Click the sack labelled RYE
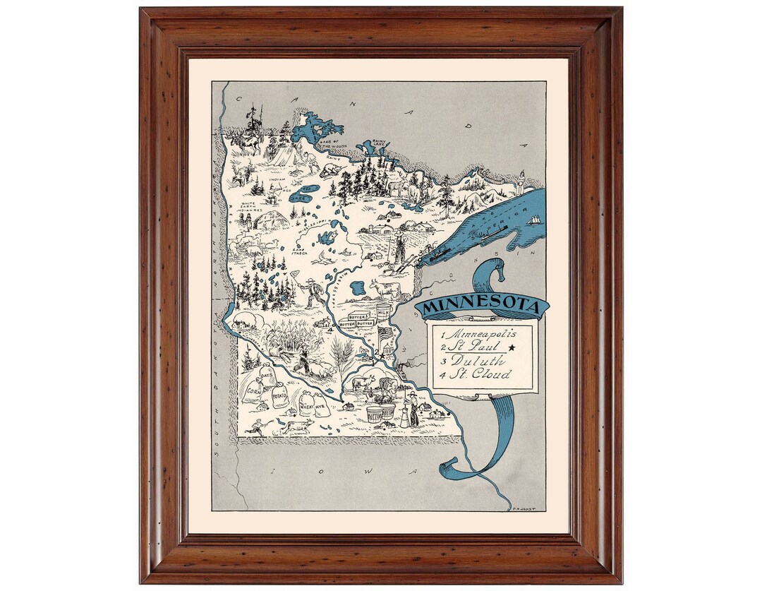click(321, 405)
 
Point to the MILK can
click(383, 311)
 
